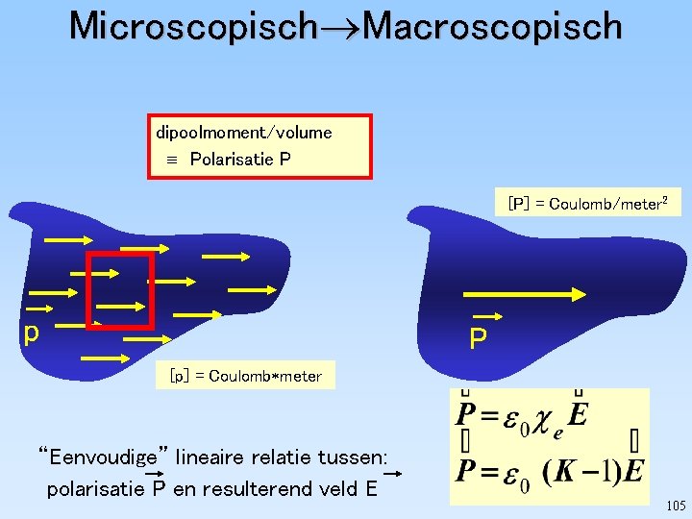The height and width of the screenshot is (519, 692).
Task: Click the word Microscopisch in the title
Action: [x=192, y=26]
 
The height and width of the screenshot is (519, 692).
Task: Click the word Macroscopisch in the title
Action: [x=493, y=26]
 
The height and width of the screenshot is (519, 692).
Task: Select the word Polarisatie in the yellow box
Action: [x=232, y=159]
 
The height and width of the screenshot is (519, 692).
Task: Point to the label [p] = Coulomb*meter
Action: [x=245, y=376]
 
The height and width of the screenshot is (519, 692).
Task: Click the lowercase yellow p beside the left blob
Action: [x=32, y=333]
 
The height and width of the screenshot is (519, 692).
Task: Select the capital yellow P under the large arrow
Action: [x=478, y=338]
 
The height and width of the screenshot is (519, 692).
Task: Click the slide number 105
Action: [x=675, y=506]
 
